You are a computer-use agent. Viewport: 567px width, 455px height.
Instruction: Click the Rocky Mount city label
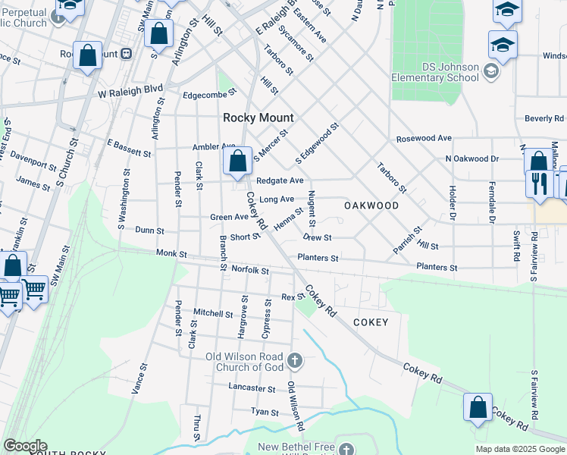[x=258, y=118]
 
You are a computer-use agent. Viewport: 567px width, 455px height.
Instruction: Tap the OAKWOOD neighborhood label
[x=371, y=206]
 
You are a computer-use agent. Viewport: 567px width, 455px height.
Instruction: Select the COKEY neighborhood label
[x=371, y=322]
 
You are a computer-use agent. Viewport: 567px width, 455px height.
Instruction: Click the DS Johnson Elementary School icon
[x=491, y=71]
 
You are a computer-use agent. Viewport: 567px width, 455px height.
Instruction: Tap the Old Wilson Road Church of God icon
[x=296, y=359]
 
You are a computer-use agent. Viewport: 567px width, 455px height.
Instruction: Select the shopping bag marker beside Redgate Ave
[x=238, y=162]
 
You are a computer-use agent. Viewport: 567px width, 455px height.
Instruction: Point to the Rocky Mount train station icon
[x=127, y=54]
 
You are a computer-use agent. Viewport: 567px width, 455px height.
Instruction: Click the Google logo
[x=24, y=446]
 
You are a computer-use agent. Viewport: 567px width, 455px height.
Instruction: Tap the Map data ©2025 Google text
[x=519, y=449]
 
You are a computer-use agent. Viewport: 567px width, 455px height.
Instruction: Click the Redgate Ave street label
[x=280, y=180]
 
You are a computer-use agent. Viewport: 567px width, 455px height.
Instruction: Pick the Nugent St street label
[x=311, y=212]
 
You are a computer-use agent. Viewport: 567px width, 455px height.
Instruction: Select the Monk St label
[x=171, y=253]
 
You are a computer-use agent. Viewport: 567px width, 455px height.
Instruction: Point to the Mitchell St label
[x=213, y=312]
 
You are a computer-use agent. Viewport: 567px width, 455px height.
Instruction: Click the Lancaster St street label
[x=252, y=388]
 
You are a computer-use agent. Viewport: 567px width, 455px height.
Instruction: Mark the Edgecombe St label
[x=211, y=96]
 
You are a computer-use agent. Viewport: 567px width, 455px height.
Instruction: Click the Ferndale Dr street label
[x=492, y=201]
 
